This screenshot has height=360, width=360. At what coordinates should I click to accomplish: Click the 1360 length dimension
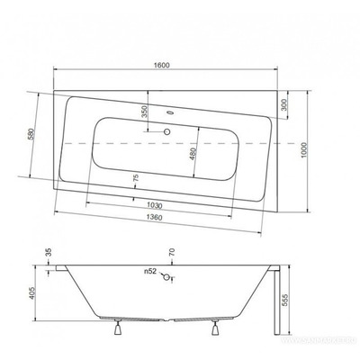(157, 220)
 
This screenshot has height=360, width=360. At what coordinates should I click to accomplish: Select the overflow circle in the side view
(165, 277)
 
